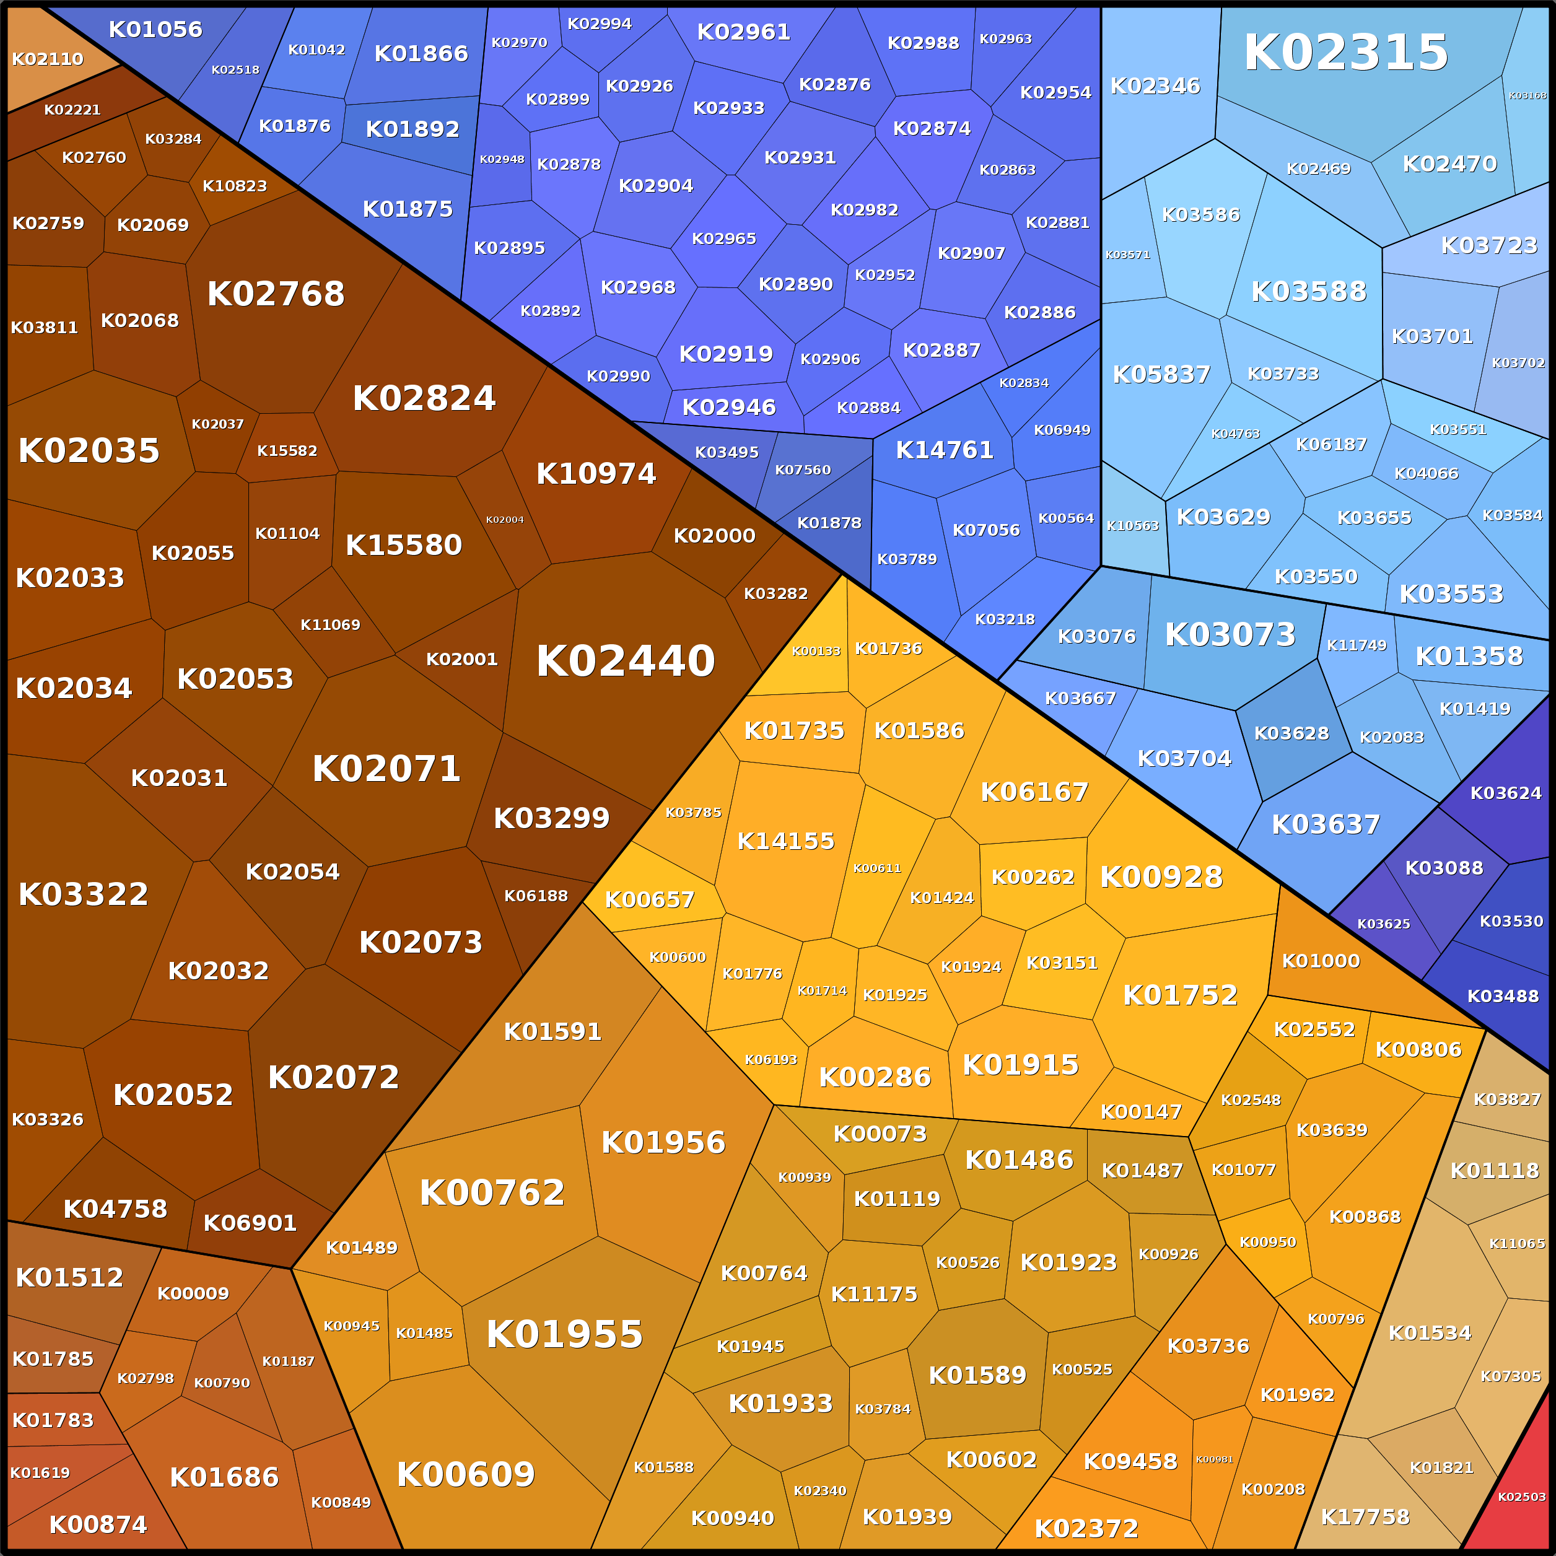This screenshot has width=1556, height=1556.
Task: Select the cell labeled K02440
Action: pyautogui.click(x=625, y=661)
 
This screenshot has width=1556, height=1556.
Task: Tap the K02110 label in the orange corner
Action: pyautogui.click(x=48, y=59)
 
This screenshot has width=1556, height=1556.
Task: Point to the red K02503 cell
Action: pyautogui.click(x=1521, y=1497)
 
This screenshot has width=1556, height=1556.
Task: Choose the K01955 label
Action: pyautogui.click(x=564, y=1334)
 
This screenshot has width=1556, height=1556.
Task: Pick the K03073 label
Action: pyautogui.click(x=1230, y=635)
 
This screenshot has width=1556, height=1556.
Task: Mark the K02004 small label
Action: pyautogui.click(x=505, y=520)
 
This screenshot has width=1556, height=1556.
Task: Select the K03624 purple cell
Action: pyautogui.click(x=1505, y=793)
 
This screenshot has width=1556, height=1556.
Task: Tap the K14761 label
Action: pyautogui.click(x=945, y=450)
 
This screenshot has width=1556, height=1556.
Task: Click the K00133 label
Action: pyautogui.click(x=816, y=652)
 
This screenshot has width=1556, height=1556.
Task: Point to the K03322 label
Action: pyautogui.click(x=83, y=894)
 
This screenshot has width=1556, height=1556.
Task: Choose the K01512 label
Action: pyautogui.click(x=69, y=1277)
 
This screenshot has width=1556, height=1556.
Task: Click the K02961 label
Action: pyautogui.click(x=743, y=32)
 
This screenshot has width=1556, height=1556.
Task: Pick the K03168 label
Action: pyautogui.click(x=1527, y=95)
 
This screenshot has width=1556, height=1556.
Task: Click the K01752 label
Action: pyautogui.click(x=1180, y=995)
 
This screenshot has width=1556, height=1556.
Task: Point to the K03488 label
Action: pyautogui.click(x=1503, y=996)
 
